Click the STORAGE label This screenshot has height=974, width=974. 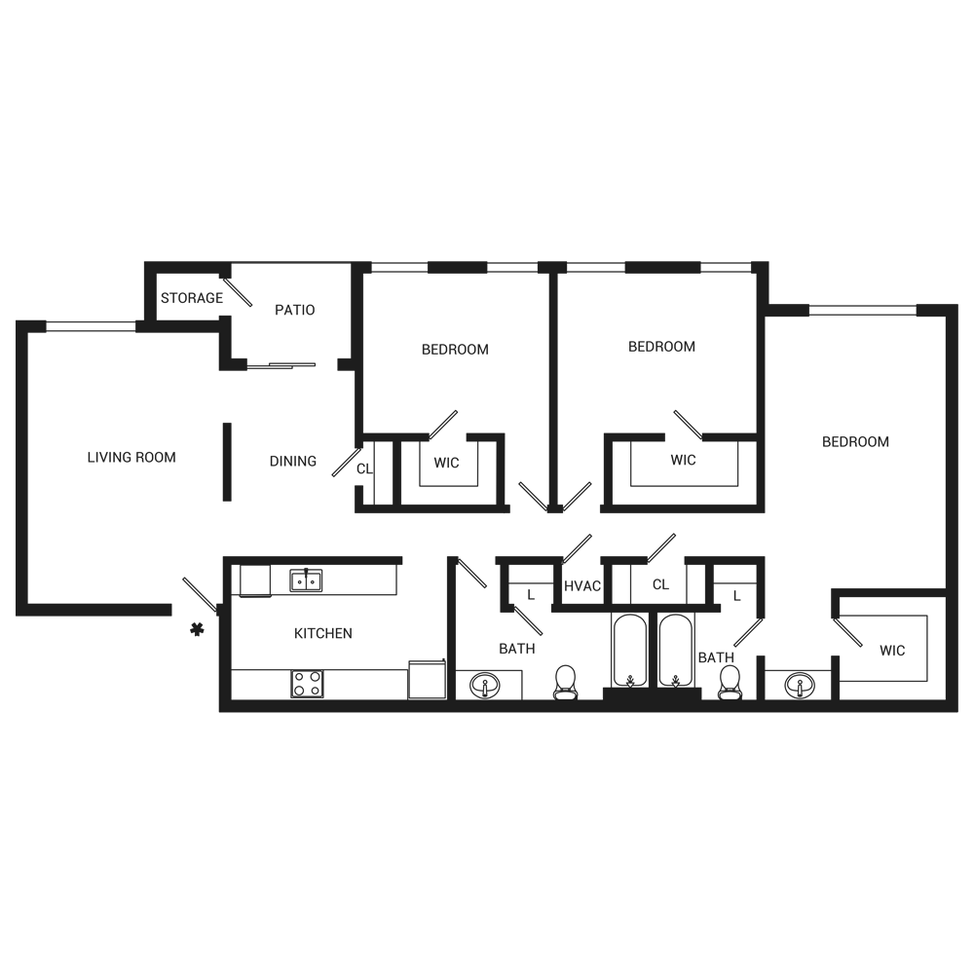(x=192, y=298)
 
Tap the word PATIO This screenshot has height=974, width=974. (x=294, y=310)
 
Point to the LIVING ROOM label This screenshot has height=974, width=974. (x=131, y=457)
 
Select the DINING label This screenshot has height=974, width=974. (x=292, y=461)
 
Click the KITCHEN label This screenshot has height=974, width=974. (x=322, y=633)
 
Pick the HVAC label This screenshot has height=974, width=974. (x=582, y=586)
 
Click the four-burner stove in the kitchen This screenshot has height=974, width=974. (x=307, y=684)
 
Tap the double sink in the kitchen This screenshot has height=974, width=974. (x=306, y=581)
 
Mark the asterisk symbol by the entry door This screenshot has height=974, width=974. (x=198, y=629)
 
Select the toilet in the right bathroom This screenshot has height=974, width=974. (x=729, y=683)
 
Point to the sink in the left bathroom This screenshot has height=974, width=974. (x=484, y=685)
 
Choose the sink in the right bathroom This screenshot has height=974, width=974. (x=801, y=685)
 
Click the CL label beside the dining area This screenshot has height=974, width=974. (x=364, y=468)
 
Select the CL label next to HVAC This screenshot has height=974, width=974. (x=661, y=585)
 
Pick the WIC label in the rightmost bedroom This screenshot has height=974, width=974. (x=892, y=651)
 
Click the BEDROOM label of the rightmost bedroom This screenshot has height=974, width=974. (x=855, y=441)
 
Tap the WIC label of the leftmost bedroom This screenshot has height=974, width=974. (x=446, y=462)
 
